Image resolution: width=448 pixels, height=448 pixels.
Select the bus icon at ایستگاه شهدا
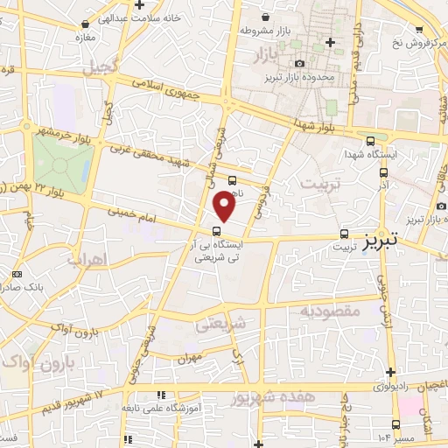pos(372,142)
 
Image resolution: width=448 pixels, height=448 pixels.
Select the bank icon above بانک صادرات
pos(17,274)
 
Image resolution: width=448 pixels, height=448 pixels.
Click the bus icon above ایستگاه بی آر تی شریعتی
pos(216,231)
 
